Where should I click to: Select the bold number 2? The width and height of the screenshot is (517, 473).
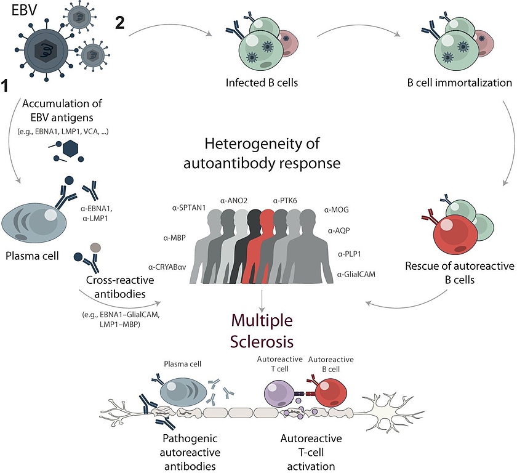tap(121, 23)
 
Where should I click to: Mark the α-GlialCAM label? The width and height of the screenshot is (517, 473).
tap(356, 273)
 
